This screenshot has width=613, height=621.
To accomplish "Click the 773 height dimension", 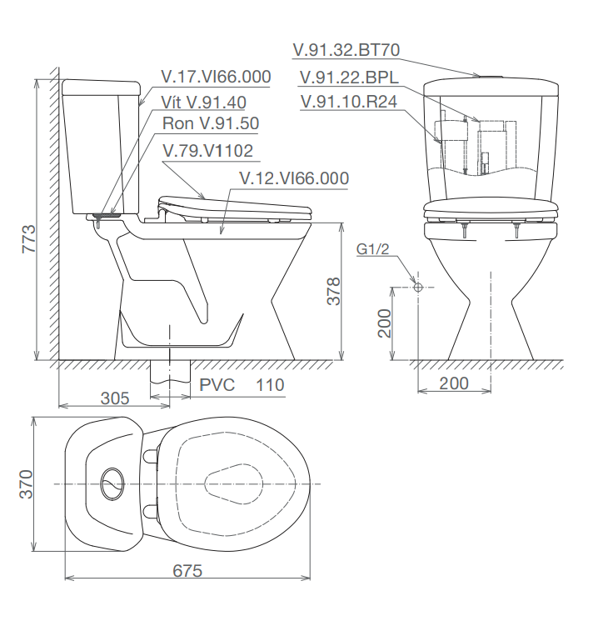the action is [x=29, y=239].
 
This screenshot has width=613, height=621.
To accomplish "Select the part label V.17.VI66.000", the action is [x=216, y=77].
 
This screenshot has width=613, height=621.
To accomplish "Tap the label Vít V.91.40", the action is [x=203, y=103].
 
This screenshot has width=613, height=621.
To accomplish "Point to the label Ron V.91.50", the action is [x=211, y=123].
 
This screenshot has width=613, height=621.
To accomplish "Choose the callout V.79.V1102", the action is [x=207, y=151].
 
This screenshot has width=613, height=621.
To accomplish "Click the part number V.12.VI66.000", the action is [x=294, y=178].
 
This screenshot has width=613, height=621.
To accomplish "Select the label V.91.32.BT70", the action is [x=346, y=50].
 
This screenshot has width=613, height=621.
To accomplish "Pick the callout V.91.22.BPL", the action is [x=349, y=78].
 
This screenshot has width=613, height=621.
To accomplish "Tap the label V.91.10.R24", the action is [x=349, y=102].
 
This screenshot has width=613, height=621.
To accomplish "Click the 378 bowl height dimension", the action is [x=334, y=291].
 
